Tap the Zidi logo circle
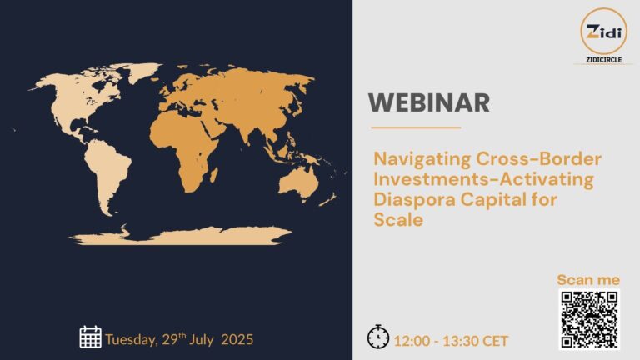(x=603, y=31)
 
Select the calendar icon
(x=90, y=337)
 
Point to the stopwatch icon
(x=377, y=337)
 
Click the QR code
(x=588, y=320)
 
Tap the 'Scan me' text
(x=588, y=280)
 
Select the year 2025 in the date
(x=237, y=339)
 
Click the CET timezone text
(x=495, y=340)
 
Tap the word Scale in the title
(x=398, y=221)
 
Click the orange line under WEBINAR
(x=414, y=127)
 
